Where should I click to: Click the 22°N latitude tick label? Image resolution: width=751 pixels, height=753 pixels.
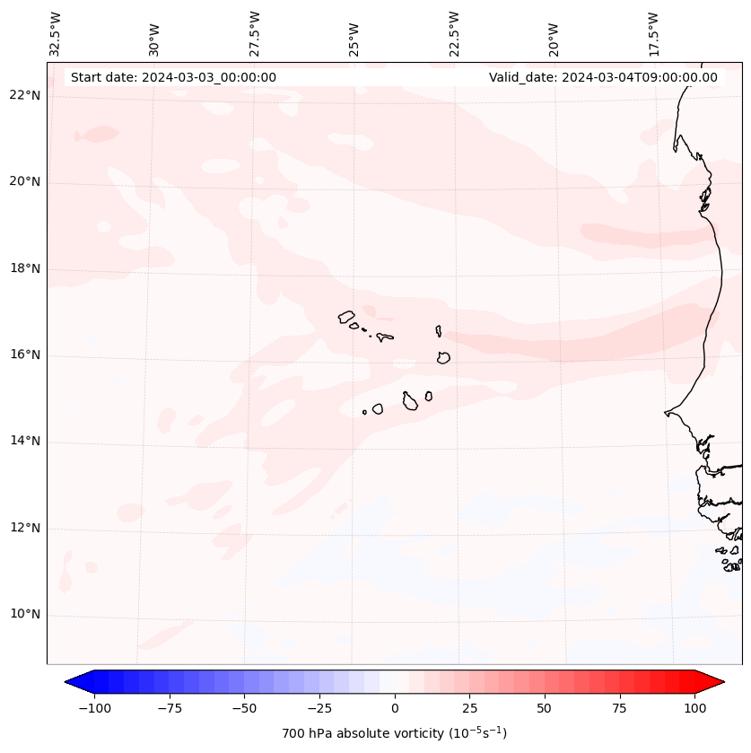25,96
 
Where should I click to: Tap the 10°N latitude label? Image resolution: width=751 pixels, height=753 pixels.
25,615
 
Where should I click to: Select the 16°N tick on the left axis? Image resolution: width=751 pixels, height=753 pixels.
25,355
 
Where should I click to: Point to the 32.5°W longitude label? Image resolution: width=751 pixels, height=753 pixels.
56,33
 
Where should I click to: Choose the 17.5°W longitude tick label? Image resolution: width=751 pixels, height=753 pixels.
653,33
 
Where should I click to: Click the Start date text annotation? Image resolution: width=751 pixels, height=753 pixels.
173,77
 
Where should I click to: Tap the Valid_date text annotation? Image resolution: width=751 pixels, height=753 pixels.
603,77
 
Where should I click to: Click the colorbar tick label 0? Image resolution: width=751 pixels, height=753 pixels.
395,708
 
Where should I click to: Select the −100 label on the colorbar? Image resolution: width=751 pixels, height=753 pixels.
94,708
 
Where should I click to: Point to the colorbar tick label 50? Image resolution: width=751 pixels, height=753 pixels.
545,708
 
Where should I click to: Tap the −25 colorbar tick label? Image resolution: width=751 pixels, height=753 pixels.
319,708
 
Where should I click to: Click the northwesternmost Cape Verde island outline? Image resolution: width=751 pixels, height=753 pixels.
346,317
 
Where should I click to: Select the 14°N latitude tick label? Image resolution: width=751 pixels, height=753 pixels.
25,442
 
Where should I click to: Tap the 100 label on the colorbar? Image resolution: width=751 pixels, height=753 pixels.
694,708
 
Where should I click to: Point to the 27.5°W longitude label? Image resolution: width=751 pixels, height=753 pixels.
255,33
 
